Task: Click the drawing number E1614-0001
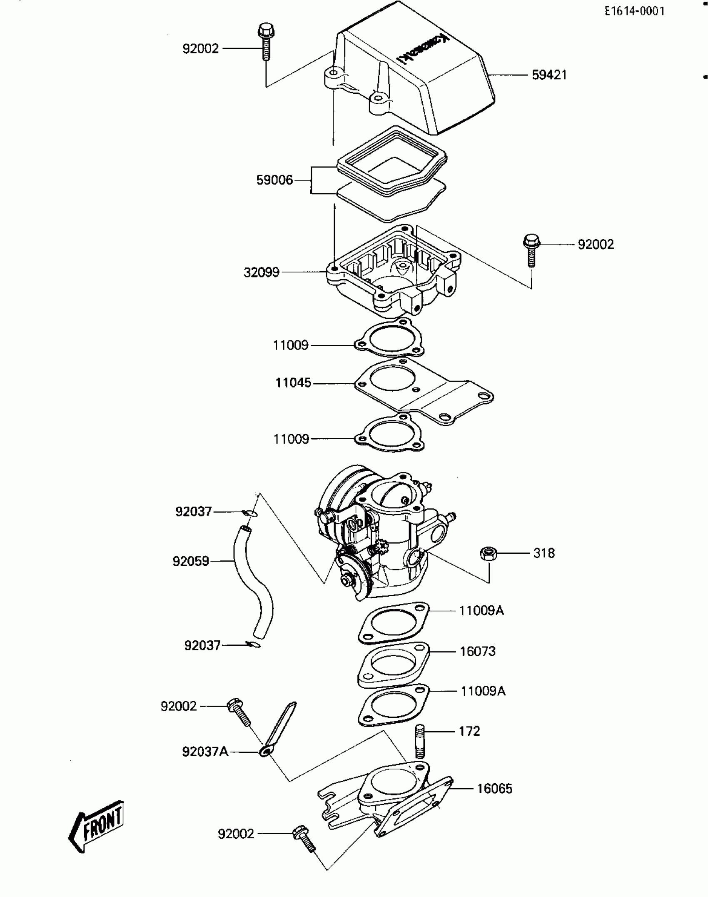point(635,11)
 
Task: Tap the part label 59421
point(549,75)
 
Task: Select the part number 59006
point(274,180)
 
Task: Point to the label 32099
point(262,272)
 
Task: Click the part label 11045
point(293,383)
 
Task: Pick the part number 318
point(544,553)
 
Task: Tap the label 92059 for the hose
point(191,561)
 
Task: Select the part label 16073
point(478,651)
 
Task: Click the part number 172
point(469,731)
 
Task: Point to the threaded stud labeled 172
point(420,741)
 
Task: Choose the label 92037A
point(205,752)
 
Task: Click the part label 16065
point(494,789)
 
